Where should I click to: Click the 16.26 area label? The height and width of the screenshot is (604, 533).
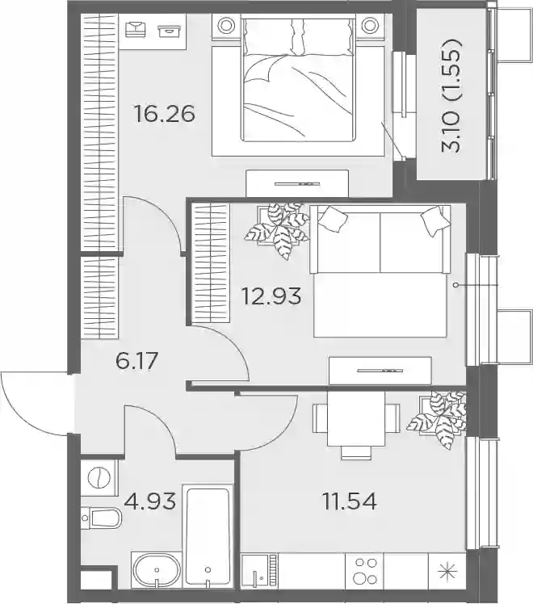click(x=164, y=114)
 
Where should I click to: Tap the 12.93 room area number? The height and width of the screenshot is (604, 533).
click(x=271, y=296)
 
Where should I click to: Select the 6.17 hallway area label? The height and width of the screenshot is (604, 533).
click(x=136, y=361)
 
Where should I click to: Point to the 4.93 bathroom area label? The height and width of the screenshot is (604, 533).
click(x=150, y=501)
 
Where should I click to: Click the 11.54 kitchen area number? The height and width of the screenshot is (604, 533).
click(x=350, y=501)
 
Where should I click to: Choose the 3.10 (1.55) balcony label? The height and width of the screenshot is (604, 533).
click(x=451, y=95)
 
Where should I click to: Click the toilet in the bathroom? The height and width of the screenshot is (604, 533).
click(x=101, y=518)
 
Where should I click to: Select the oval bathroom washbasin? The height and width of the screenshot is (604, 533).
click(x=157, y=571)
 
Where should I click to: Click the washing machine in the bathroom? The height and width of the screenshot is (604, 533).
click(x=99, y=478)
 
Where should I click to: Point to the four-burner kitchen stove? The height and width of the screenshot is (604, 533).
click(x=365, y=571)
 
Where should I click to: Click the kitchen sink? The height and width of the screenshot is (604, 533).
click(x=258, y=571)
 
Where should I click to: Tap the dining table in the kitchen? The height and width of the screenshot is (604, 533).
click(x=356, y=419)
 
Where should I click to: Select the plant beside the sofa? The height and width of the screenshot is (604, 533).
click(x=278, y=229)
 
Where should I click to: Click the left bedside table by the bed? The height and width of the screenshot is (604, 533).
click(x=226, y=25)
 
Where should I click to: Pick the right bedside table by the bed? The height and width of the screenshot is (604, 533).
click(x=369, y=25)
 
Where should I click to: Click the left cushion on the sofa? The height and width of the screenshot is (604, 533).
click(x=334, y=219)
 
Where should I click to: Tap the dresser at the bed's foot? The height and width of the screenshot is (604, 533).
click(x=297, y=183)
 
